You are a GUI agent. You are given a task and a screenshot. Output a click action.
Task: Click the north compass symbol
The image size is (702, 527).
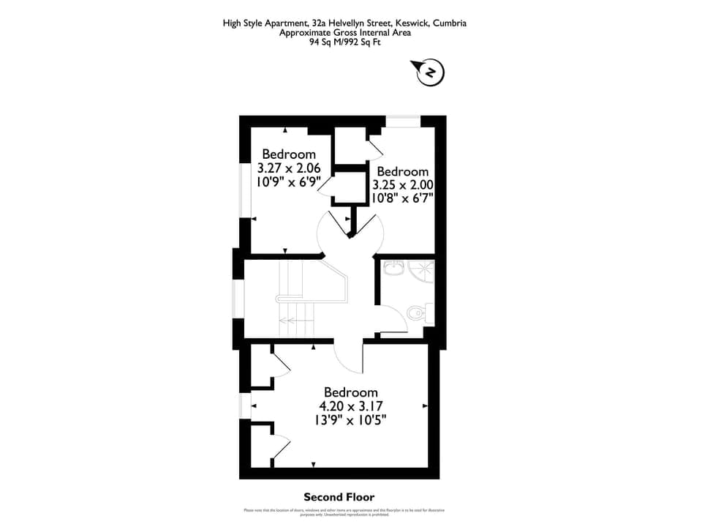[x=431, y=72]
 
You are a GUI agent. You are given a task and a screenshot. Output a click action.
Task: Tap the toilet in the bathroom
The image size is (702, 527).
[x=418, y=313]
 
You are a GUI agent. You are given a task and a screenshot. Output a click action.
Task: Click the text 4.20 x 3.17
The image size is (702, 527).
[x=351, y=406]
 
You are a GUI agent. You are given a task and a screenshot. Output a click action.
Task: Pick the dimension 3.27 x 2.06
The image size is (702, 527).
[x=289, y=168]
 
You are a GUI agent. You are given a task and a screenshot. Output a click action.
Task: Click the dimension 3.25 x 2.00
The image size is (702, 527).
[x=403, y=185]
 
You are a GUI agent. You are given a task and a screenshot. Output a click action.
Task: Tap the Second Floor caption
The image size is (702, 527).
[x=339, y=497]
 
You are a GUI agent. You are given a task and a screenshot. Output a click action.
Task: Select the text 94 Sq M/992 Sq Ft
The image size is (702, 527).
[x=345, y=42]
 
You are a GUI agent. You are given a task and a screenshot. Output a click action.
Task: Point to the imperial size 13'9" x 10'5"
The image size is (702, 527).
[x=351, y=420]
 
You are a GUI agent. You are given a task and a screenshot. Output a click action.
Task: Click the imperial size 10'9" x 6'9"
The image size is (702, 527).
[x=289, y=182]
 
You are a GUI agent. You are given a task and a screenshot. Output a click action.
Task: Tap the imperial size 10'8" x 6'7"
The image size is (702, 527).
[x=403, y=198]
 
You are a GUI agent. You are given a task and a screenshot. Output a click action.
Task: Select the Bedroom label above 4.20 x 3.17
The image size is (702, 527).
[x=351, y=392]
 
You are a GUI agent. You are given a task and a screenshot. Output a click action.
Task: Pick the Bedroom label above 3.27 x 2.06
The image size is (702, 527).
[x=289, y=154]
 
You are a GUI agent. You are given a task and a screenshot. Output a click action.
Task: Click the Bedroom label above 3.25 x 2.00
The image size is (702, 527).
[x=403, y=171]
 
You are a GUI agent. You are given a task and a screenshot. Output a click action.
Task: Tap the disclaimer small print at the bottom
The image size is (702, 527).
[x=344, y=512]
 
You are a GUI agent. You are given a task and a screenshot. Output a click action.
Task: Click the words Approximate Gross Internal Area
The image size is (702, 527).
[x=345, y=32]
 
